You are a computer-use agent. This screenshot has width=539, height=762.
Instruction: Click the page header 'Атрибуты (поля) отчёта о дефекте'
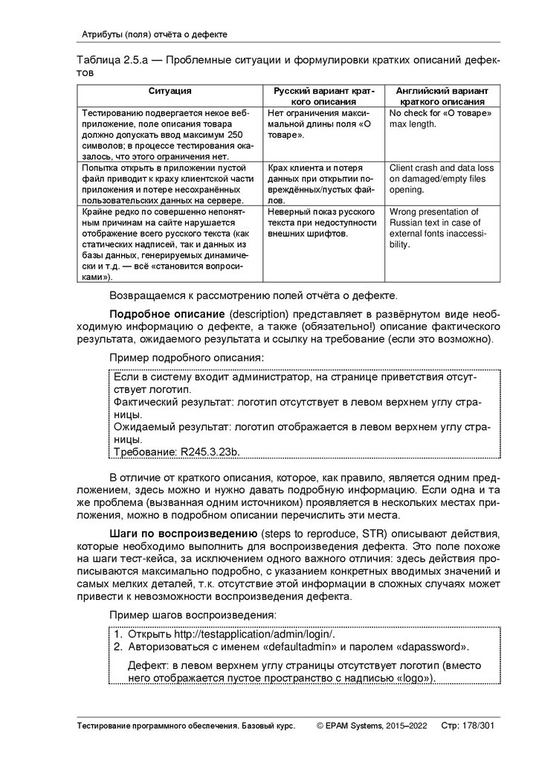click(154, 34)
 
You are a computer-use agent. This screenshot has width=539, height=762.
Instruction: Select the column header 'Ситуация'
click(170, 91)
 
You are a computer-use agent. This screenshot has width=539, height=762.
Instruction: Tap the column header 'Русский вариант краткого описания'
click(324, 95)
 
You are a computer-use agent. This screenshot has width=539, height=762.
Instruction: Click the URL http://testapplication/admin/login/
click(254, 634)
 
